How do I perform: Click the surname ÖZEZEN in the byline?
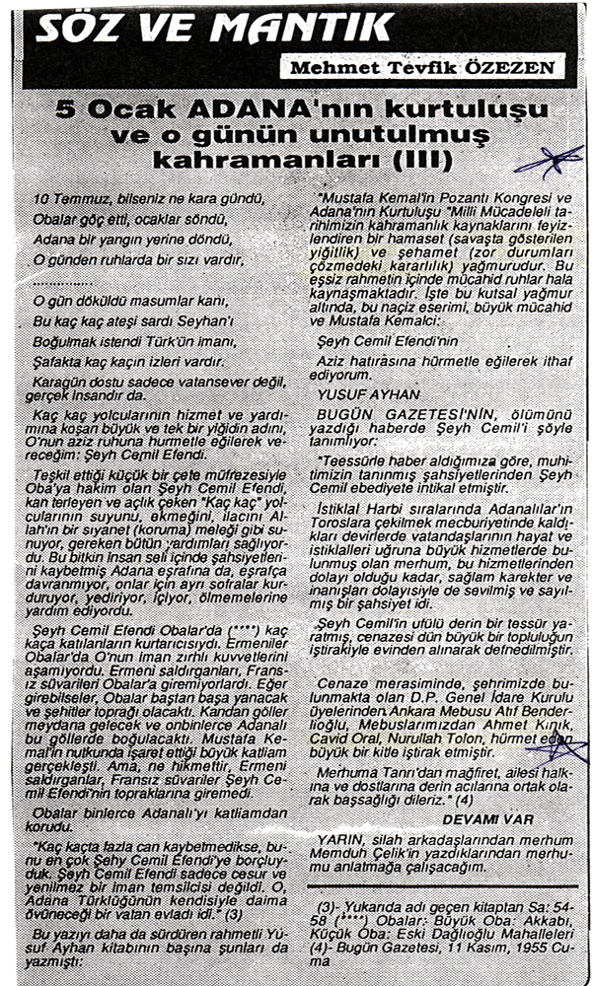526,68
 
